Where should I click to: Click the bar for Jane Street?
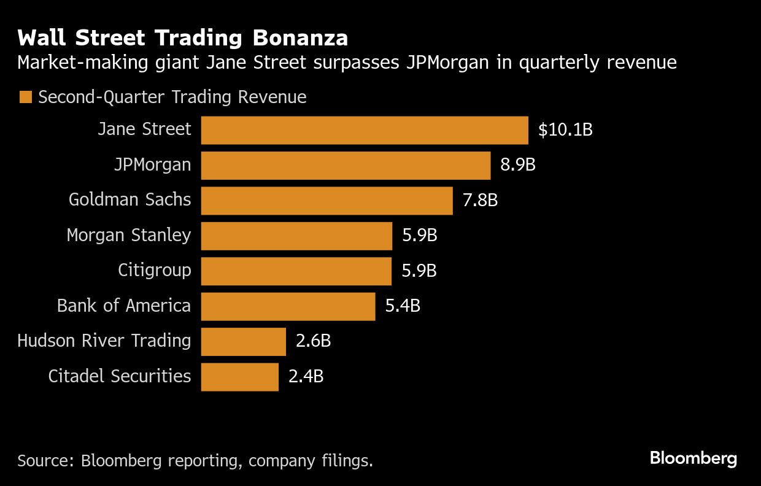point(365,130)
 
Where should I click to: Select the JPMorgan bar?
point(346,165)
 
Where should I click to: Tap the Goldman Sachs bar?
point(326,201)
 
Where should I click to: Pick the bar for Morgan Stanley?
point(296,236)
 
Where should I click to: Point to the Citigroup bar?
point(296,271)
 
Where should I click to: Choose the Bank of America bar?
point(288,306)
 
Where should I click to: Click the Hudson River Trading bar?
point(243,341)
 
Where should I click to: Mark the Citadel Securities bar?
point(239,377)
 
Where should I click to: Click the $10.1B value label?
point(565,130)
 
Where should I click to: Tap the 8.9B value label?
point(518,165)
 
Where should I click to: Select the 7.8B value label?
point(480,201)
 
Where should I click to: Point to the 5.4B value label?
point(403,306)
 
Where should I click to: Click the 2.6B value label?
point(313,341)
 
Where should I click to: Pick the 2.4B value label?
point(306,377)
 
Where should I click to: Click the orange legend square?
point(25,98)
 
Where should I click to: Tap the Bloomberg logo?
point(693,458)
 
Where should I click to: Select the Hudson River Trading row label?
point(104,341)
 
